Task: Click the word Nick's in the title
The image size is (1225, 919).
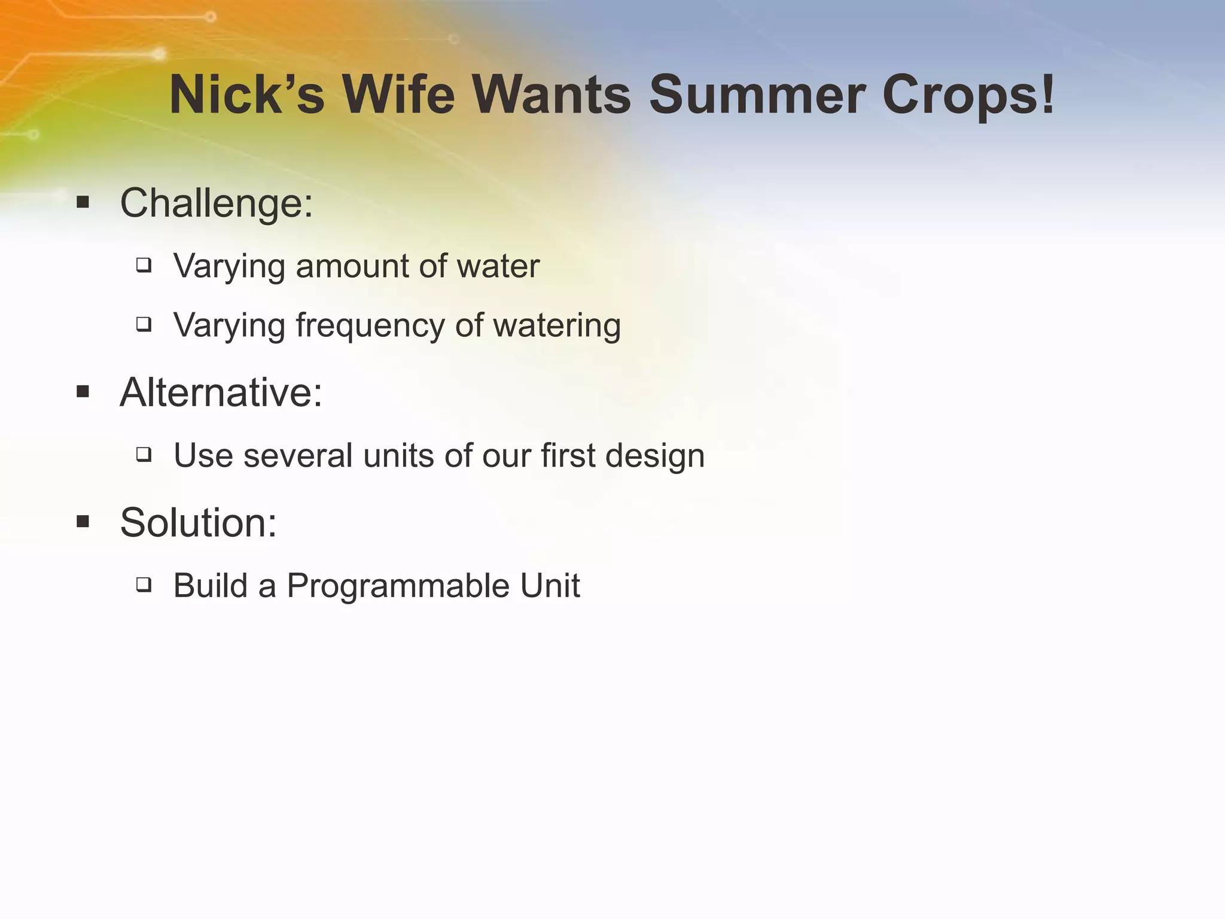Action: pos(246,95)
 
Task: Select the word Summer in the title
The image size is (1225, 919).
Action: pos(757,95)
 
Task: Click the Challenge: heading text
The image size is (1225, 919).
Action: pos(217,203)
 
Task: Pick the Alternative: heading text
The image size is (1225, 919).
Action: pos(221,392)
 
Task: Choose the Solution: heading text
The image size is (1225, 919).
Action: pos(199,522)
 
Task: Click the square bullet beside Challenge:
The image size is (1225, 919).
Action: pos(83,203)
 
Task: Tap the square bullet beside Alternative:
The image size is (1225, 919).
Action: pos(83,392)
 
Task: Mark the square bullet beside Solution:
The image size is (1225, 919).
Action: pos(83,522)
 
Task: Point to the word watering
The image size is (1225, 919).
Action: pos(557,326)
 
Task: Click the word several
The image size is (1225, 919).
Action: pos(298,455)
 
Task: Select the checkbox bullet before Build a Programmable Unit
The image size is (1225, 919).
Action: pos(144,584)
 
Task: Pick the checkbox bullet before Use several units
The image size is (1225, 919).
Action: pos(144,455)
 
